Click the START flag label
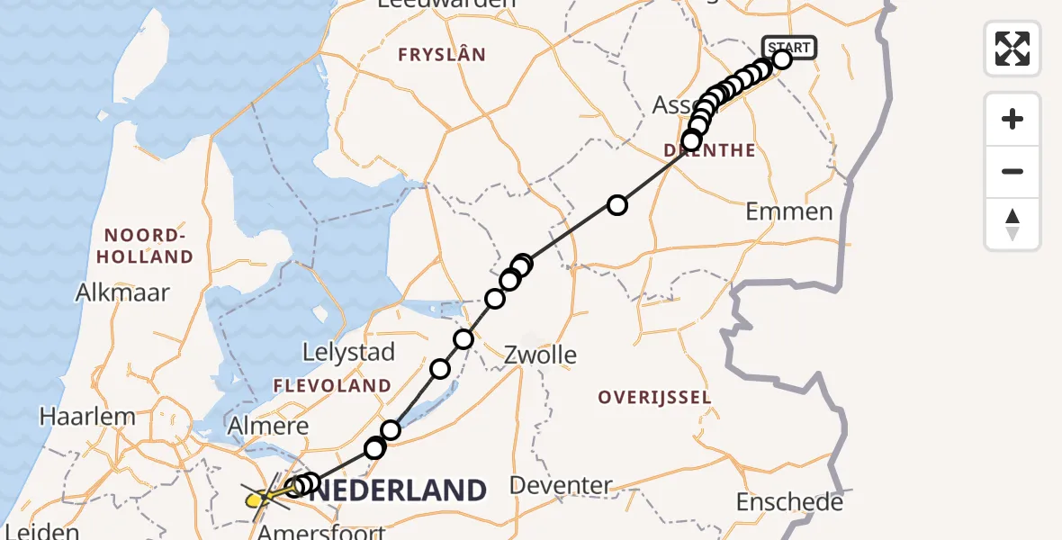click(x=789, y=47)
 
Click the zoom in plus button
click(x=1012, y=119)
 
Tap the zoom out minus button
click(x=1012, y=171)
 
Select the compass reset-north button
click(x=1012, y=224)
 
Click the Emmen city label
click(x=789, y=211)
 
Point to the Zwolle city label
click(x=541, y=354)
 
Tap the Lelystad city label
click(x=349, y=352)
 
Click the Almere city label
click(x=268, y=426)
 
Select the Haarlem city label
click(x=87, y=417)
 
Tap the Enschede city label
click(x=789, y=501)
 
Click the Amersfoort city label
click(x=321, y=532)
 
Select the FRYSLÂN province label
click(x=442, y=55)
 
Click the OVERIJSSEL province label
click(x=653, y=397)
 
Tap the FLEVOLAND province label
click(x=334, y=386)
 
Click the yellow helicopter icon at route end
click(x=256, y=495)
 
